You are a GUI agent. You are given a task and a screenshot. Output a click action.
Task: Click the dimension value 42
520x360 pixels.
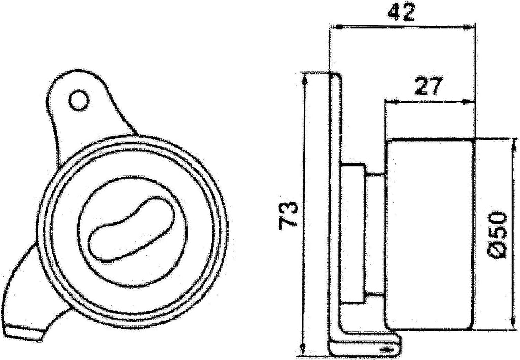coord(401,12)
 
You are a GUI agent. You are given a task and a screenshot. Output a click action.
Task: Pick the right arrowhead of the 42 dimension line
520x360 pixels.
coord(470,27)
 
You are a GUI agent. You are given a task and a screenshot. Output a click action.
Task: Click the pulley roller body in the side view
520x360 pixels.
coord(429,234)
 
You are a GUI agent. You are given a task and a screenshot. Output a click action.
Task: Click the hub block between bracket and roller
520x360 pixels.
coord(353,234)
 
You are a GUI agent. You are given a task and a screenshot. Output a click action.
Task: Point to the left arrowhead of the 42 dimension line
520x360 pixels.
coord(333,27)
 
